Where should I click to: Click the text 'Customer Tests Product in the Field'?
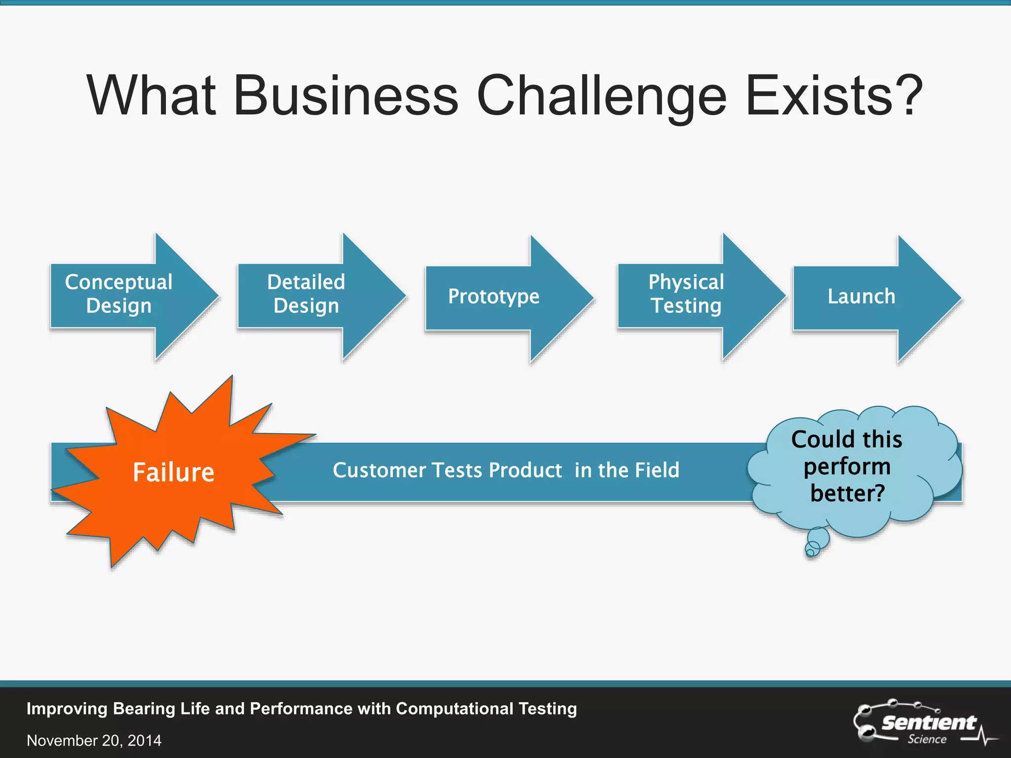click(506, 470)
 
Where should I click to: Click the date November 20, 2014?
click(94, 740)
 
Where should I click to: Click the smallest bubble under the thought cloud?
click(810, 552)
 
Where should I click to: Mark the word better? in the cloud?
click(848, 493)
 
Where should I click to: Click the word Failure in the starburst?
click(173, 472)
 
